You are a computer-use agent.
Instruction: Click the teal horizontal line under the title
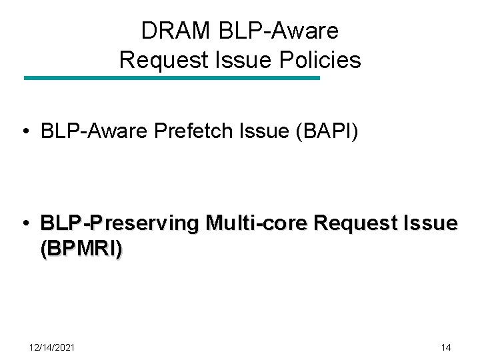click(172, 78)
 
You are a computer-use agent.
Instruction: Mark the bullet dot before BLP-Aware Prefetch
click(24, 132)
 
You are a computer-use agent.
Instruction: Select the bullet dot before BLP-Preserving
click(24, 223)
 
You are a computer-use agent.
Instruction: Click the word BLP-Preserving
click(119, 223)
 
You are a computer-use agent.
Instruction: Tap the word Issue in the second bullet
click(434, 223)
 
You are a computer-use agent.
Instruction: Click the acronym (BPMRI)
click(81, 249)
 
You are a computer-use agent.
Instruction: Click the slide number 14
click(446, 347)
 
